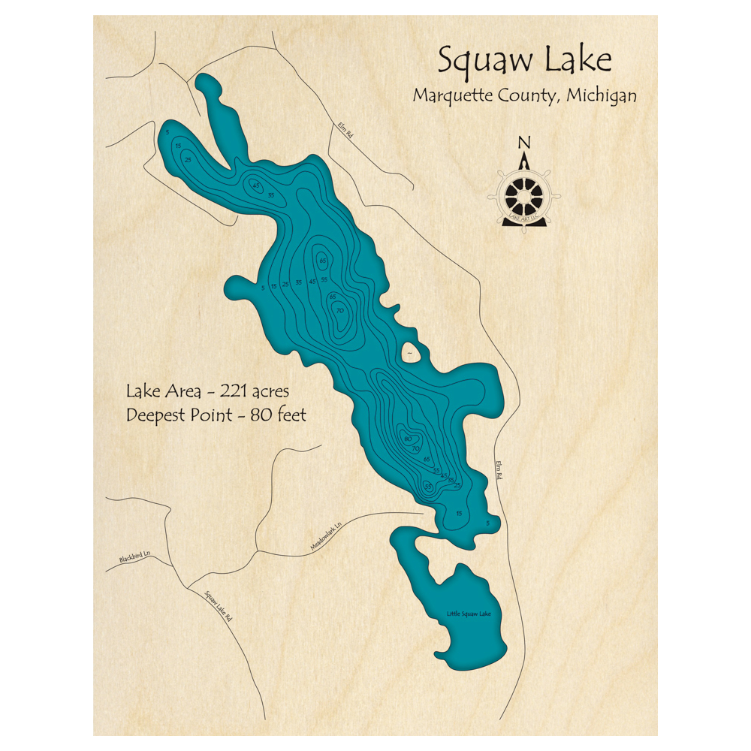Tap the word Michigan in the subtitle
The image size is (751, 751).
(x=602, y=96)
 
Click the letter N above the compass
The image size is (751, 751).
(x=524, y=143)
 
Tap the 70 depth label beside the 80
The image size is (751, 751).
(x=415, y=448)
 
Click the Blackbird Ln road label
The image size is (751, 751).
(x=134, y=559)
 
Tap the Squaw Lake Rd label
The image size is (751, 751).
(x=219, y=605)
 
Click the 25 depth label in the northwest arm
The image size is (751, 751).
(x=188, y=159)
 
